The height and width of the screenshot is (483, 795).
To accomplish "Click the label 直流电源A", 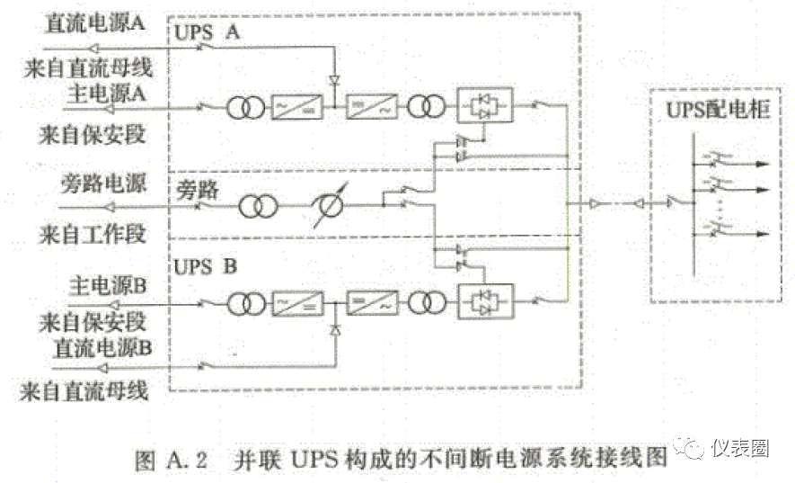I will (93, 23).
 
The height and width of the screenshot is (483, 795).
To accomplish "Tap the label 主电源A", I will (106, 92).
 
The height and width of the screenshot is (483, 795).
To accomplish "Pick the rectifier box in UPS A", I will (298, 107).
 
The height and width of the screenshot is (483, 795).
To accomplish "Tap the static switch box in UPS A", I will (485, 105).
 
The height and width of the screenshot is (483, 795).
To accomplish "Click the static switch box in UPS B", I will (485, 300).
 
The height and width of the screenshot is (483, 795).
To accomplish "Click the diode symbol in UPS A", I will (334, 81).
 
